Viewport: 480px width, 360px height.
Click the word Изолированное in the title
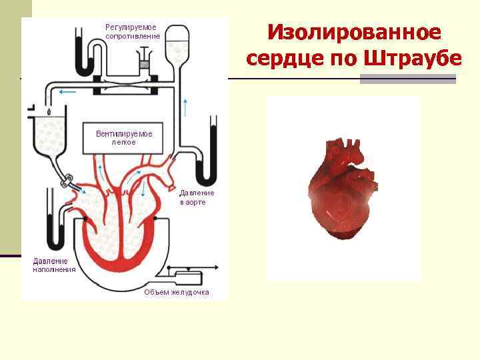pos(354,32)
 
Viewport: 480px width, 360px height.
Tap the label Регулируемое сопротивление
pos(132,31)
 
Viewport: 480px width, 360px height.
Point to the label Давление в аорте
pos(197,197)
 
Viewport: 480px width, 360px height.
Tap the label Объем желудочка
pos(177,292)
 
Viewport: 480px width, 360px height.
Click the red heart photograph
pos(342,190)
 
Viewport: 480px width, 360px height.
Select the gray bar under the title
pos(407,79)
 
